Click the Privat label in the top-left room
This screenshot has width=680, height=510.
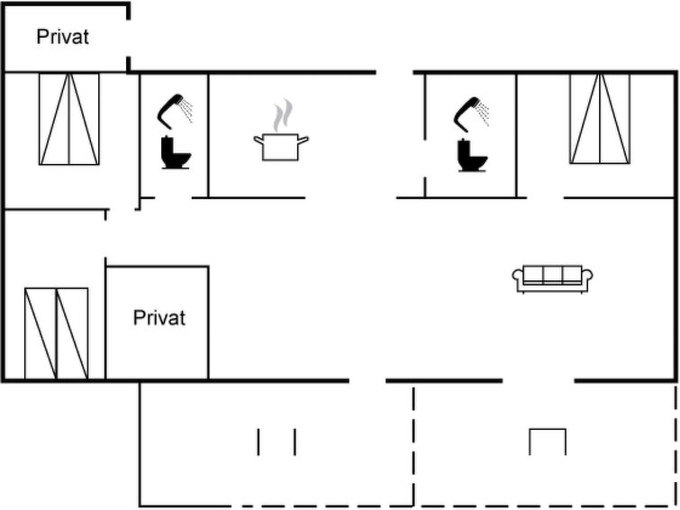(x=63, y=37)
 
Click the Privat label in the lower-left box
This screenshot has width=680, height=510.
(x=159, y=318)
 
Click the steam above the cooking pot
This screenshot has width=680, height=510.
(x=283, y=115)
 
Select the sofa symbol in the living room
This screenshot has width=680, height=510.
(x=553, y=278)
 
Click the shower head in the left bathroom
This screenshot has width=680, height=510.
(x=175, y=110)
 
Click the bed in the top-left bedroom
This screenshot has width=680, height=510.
(x=68, y=119)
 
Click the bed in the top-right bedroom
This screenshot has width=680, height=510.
(x=599, y=119)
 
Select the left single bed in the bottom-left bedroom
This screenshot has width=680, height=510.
(x=40, y=333)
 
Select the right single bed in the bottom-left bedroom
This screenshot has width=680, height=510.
(x=72, y=333)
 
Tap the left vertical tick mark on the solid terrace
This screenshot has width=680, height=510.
(x=259, y=442)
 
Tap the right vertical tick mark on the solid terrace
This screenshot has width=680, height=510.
(x=295, y=442)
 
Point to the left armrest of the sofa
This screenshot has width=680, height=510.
(x=518, y=279)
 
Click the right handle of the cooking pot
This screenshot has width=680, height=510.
(x=305, y=140)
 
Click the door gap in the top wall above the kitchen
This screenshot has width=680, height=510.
(x=394, y=72)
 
